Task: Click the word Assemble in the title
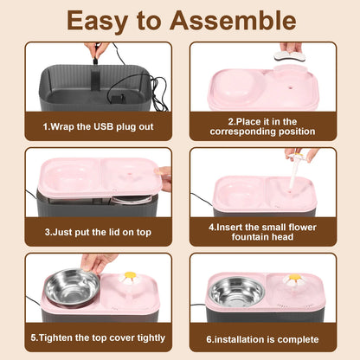coord(233,21)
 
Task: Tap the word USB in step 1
coord(103,126)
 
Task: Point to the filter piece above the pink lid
coord(287,56)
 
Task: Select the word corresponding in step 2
coord(243,132)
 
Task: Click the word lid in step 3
coord(114,232)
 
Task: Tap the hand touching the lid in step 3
coord(164,179)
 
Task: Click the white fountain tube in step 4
coord(293,172)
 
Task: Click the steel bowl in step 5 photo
coord(73,287)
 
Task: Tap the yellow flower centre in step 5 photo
coord(130,275)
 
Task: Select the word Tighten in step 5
coord(55,337)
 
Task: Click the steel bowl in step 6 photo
coord(236,291)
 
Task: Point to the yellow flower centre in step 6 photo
coord(294,277)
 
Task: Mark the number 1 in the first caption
coord(45,126)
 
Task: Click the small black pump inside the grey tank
coord(117,100)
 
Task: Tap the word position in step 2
coord(297,132)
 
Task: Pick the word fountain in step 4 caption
coord(250,237)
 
